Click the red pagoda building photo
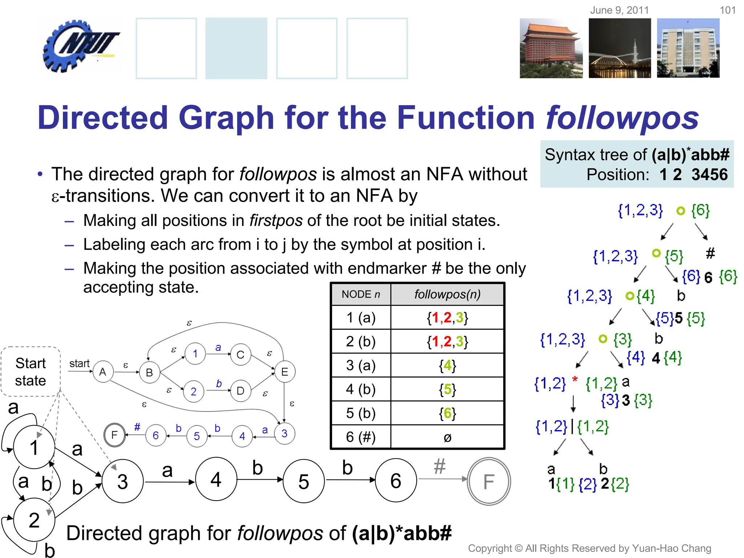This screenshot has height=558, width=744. [x=551, y=48]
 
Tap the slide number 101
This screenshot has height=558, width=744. [x=727, y=10]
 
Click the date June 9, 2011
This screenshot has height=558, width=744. [x=619, y=10]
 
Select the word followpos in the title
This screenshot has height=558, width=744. [x=622, y=118]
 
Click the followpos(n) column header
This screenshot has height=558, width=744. [x=447, y=294]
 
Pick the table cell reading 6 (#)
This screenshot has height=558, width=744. [x=361, y=437]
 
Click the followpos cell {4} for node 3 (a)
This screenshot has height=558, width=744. [x=447, y=365]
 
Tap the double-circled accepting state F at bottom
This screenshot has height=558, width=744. [x=489, y=481]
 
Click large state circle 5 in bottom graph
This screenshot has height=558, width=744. [x=303, y=481]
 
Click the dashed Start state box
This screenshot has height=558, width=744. [x=31, y=372]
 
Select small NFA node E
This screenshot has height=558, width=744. [x=284, y=372]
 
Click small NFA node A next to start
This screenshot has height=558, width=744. [x=103, y=372]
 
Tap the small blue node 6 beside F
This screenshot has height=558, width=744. [x=155, y=435]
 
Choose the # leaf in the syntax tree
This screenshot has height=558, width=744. [x=710, y=253]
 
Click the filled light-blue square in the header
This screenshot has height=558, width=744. [x=236, y=48]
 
